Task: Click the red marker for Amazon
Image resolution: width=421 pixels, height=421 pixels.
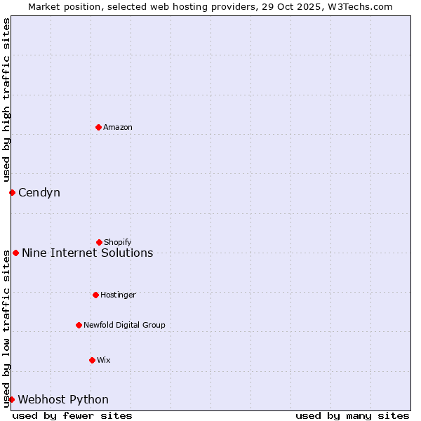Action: (x=98, y=127)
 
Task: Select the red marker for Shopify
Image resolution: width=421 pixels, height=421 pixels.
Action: (x=99, y=242)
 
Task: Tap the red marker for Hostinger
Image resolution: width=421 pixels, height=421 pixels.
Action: (x=95, y=295)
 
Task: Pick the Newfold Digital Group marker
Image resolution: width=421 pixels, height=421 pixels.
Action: (x=79, y=325)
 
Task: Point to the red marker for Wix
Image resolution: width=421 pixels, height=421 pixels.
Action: (x=92, y=360)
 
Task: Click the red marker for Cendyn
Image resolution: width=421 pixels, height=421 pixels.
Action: (x=12, y=192)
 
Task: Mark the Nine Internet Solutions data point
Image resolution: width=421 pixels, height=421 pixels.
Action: (x=15, y=253)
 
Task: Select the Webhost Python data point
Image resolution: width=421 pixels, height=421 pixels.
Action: (x=11, y=399)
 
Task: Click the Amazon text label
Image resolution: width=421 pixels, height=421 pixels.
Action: (x=118, y=127)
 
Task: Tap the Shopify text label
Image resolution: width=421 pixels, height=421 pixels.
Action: (x=118, y=242)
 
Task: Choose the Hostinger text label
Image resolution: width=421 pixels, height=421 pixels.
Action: (x=118, y=295)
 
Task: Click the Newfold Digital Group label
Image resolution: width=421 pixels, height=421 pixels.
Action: (x=124, y=325)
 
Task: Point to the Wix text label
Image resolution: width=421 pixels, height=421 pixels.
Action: (x=104, y=360)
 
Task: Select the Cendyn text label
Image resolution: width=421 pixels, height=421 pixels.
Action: (x=39, y=192)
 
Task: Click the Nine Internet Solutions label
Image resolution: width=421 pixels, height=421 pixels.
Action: (x=88, y=253)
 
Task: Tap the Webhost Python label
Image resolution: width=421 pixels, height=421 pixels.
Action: (x=63, y=399)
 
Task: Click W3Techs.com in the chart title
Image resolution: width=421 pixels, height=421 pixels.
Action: (x=361, y=6)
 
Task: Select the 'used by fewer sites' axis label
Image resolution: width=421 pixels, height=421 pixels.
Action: (x=72, y=415)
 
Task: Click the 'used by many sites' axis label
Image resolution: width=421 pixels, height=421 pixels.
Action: (x=352, y=415)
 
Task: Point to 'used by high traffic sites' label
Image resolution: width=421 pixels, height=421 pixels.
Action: (x=6, y=100)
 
